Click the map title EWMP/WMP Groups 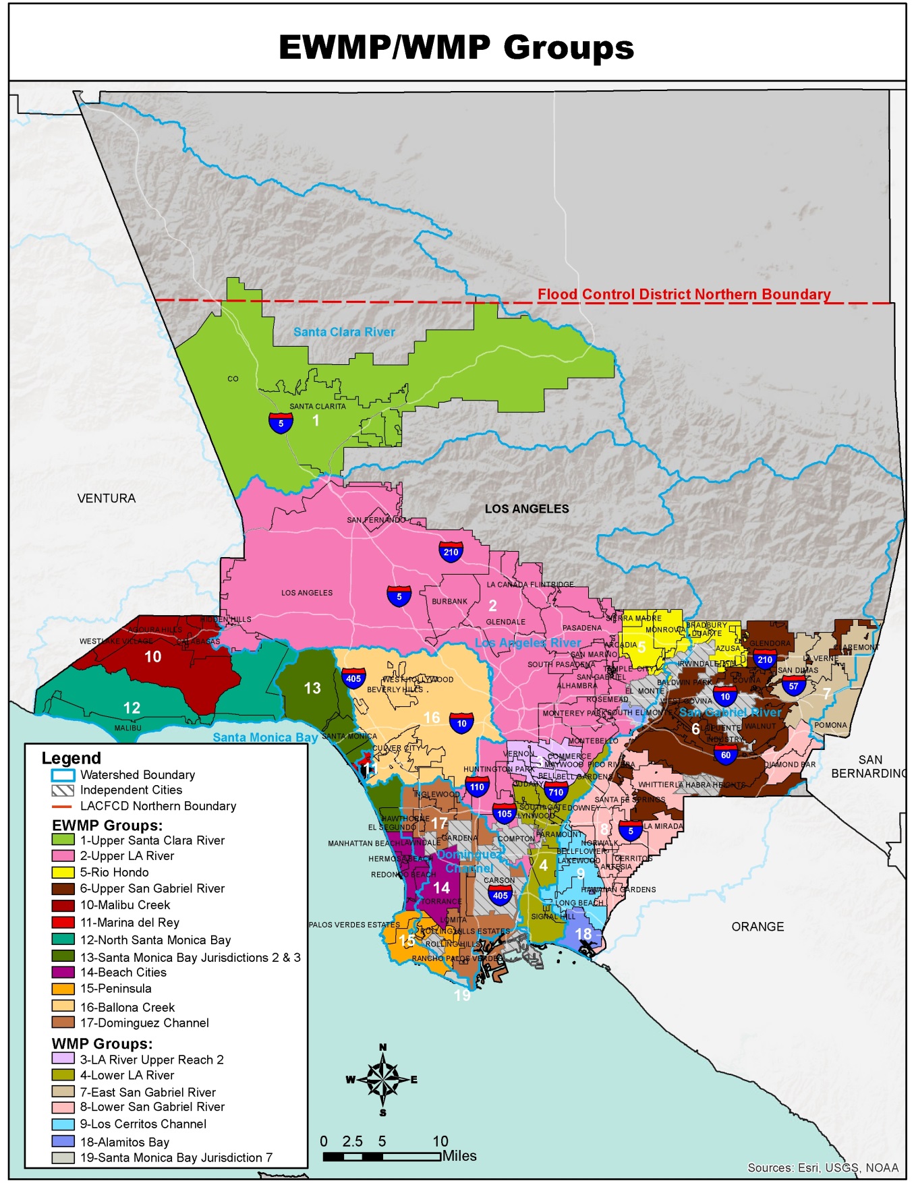457,48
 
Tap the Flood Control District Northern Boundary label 683,294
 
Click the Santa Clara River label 344,332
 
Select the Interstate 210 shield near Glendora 764,660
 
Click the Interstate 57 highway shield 793,687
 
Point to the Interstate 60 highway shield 725,755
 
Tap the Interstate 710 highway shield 556,792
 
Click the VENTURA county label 107,498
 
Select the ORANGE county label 758,927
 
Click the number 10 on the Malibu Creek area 153,656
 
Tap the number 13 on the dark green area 312,688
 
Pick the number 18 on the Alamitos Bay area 583,934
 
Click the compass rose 382,1079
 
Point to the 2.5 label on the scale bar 352,1141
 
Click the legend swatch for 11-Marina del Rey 63,923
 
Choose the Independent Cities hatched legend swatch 63,790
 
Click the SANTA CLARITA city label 318,406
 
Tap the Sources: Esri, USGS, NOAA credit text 823,1167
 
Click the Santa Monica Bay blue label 265,737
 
